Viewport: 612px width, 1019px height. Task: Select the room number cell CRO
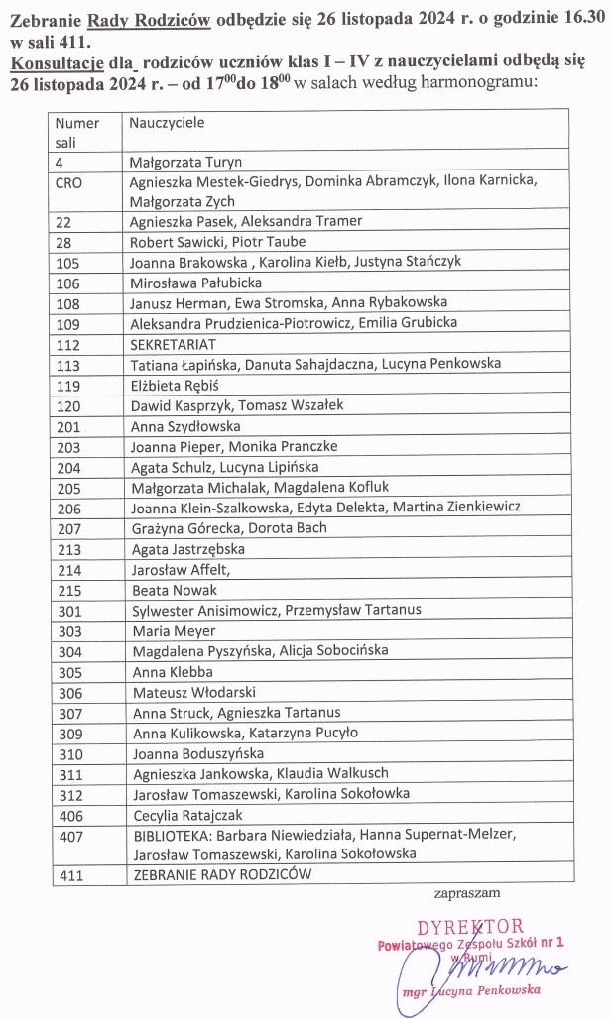(x=69, y=181)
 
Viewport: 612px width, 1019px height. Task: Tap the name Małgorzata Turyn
(x=185, y=161)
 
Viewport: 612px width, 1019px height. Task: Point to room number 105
(x=68, y=262)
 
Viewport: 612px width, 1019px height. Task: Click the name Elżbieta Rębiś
(x=173, y=384)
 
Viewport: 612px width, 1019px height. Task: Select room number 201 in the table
(x=68, y=425)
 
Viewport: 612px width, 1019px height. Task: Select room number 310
(x=68, y=752)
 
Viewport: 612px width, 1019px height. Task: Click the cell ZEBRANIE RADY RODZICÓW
(x=222, y=874)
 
